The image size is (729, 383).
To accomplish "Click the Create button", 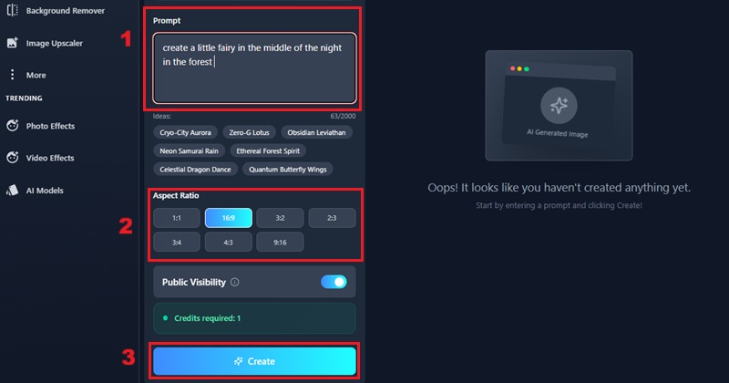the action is tap(254, 361).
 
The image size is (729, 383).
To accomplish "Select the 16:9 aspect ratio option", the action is tap(229, 218).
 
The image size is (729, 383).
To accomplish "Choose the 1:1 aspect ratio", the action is tap(177, 218).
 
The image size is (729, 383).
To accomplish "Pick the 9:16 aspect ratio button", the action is tap(280, 243).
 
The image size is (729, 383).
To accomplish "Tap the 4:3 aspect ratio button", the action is tap(229, 243).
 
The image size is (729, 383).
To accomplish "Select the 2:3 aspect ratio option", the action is tap(332, 218).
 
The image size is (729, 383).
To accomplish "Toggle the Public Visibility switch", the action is tap(334, 282).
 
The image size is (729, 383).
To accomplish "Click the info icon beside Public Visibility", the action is tap(235, 282).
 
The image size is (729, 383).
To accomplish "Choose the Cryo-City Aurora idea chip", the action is tap(186, 132).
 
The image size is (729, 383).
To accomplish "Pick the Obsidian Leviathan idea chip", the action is tap(316, 132).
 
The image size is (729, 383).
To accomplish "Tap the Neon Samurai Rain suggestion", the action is tap(190, 150).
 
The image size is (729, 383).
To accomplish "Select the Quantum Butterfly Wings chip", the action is tap(288, 170).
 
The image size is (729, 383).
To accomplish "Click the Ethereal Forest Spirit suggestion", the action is tap(268, 150).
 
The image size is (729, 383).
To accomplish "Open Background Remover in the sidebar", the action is tap(56, 11).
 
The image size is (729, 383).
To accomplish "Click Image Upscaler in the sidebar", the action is tap(45, 43).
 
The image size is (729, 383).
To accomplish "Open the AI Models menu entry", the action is tap(35, 191).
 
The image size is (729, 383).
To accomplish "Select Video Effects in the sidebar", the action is tap(40, 158).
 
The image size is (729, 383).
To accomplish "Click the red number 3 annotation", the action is tap(128, 357).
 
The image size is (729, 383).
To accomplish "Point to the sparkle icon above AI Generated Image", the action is tap(559, 106).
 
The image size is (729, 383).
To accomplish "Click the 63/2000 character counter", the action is tap(343, 117).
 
